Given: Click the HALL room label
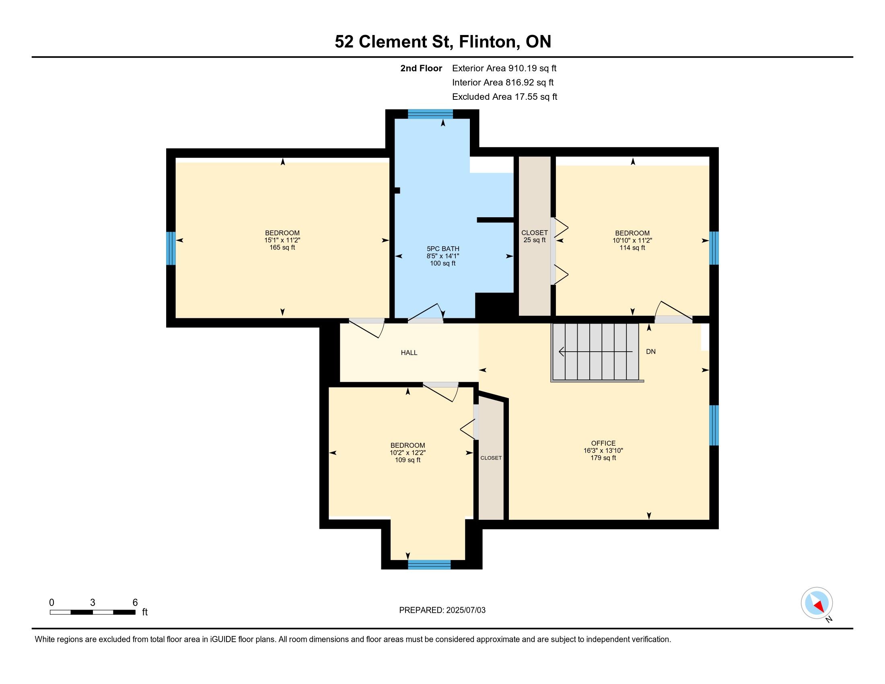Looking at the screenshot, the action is click(x=409, y=352).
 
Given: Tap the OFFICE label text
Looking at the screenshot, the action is click(x=603, y=443).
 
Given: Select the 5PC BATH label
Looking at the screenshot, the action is click(x=443, y=249).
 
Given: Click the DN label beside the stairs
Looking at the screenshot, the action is click(x=651, y=352).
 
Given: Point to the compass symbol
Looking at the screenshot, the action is click(x=817, y=603).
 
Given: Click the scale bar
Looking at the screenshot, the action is click(x=93, y=612).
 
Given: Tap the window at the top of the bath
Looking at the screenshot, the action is click(x=430, y=114).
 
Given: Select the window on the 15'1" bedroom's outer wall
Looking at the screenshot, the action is click(x=171, y=248).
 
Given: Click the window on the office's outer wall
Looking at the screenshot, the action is click(x=714, y=425).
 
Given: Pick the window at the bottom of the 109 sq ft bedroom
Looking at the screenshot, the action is click(x=429, y=565).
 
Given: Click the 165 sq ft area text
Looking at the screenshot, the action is click(x=282, y=247).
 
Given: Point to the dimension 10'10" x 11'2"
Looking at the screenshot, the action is click(x=632, y=240).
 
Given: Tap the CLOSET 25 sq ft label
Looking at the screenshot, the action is click(x=535, y=236).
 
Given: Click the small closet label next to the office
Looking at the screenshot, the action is click(x=491, y=458).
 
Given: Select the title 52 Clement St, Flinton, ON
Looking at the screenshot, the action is click(x=443, y=41).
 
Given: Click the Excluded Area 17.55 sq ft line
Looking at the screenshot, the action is click(x=504, y=97).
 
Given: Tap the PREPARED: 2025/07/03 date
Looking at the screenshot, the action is click(x=442, y=610).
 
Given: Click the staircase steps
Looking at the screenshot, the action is click(x=596, y=352).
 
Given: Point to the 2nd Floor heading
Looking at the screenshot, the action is click(x=421, y=68).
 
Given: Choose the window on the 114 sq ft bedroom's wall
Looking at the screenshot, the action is click(x=714, y=248).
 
